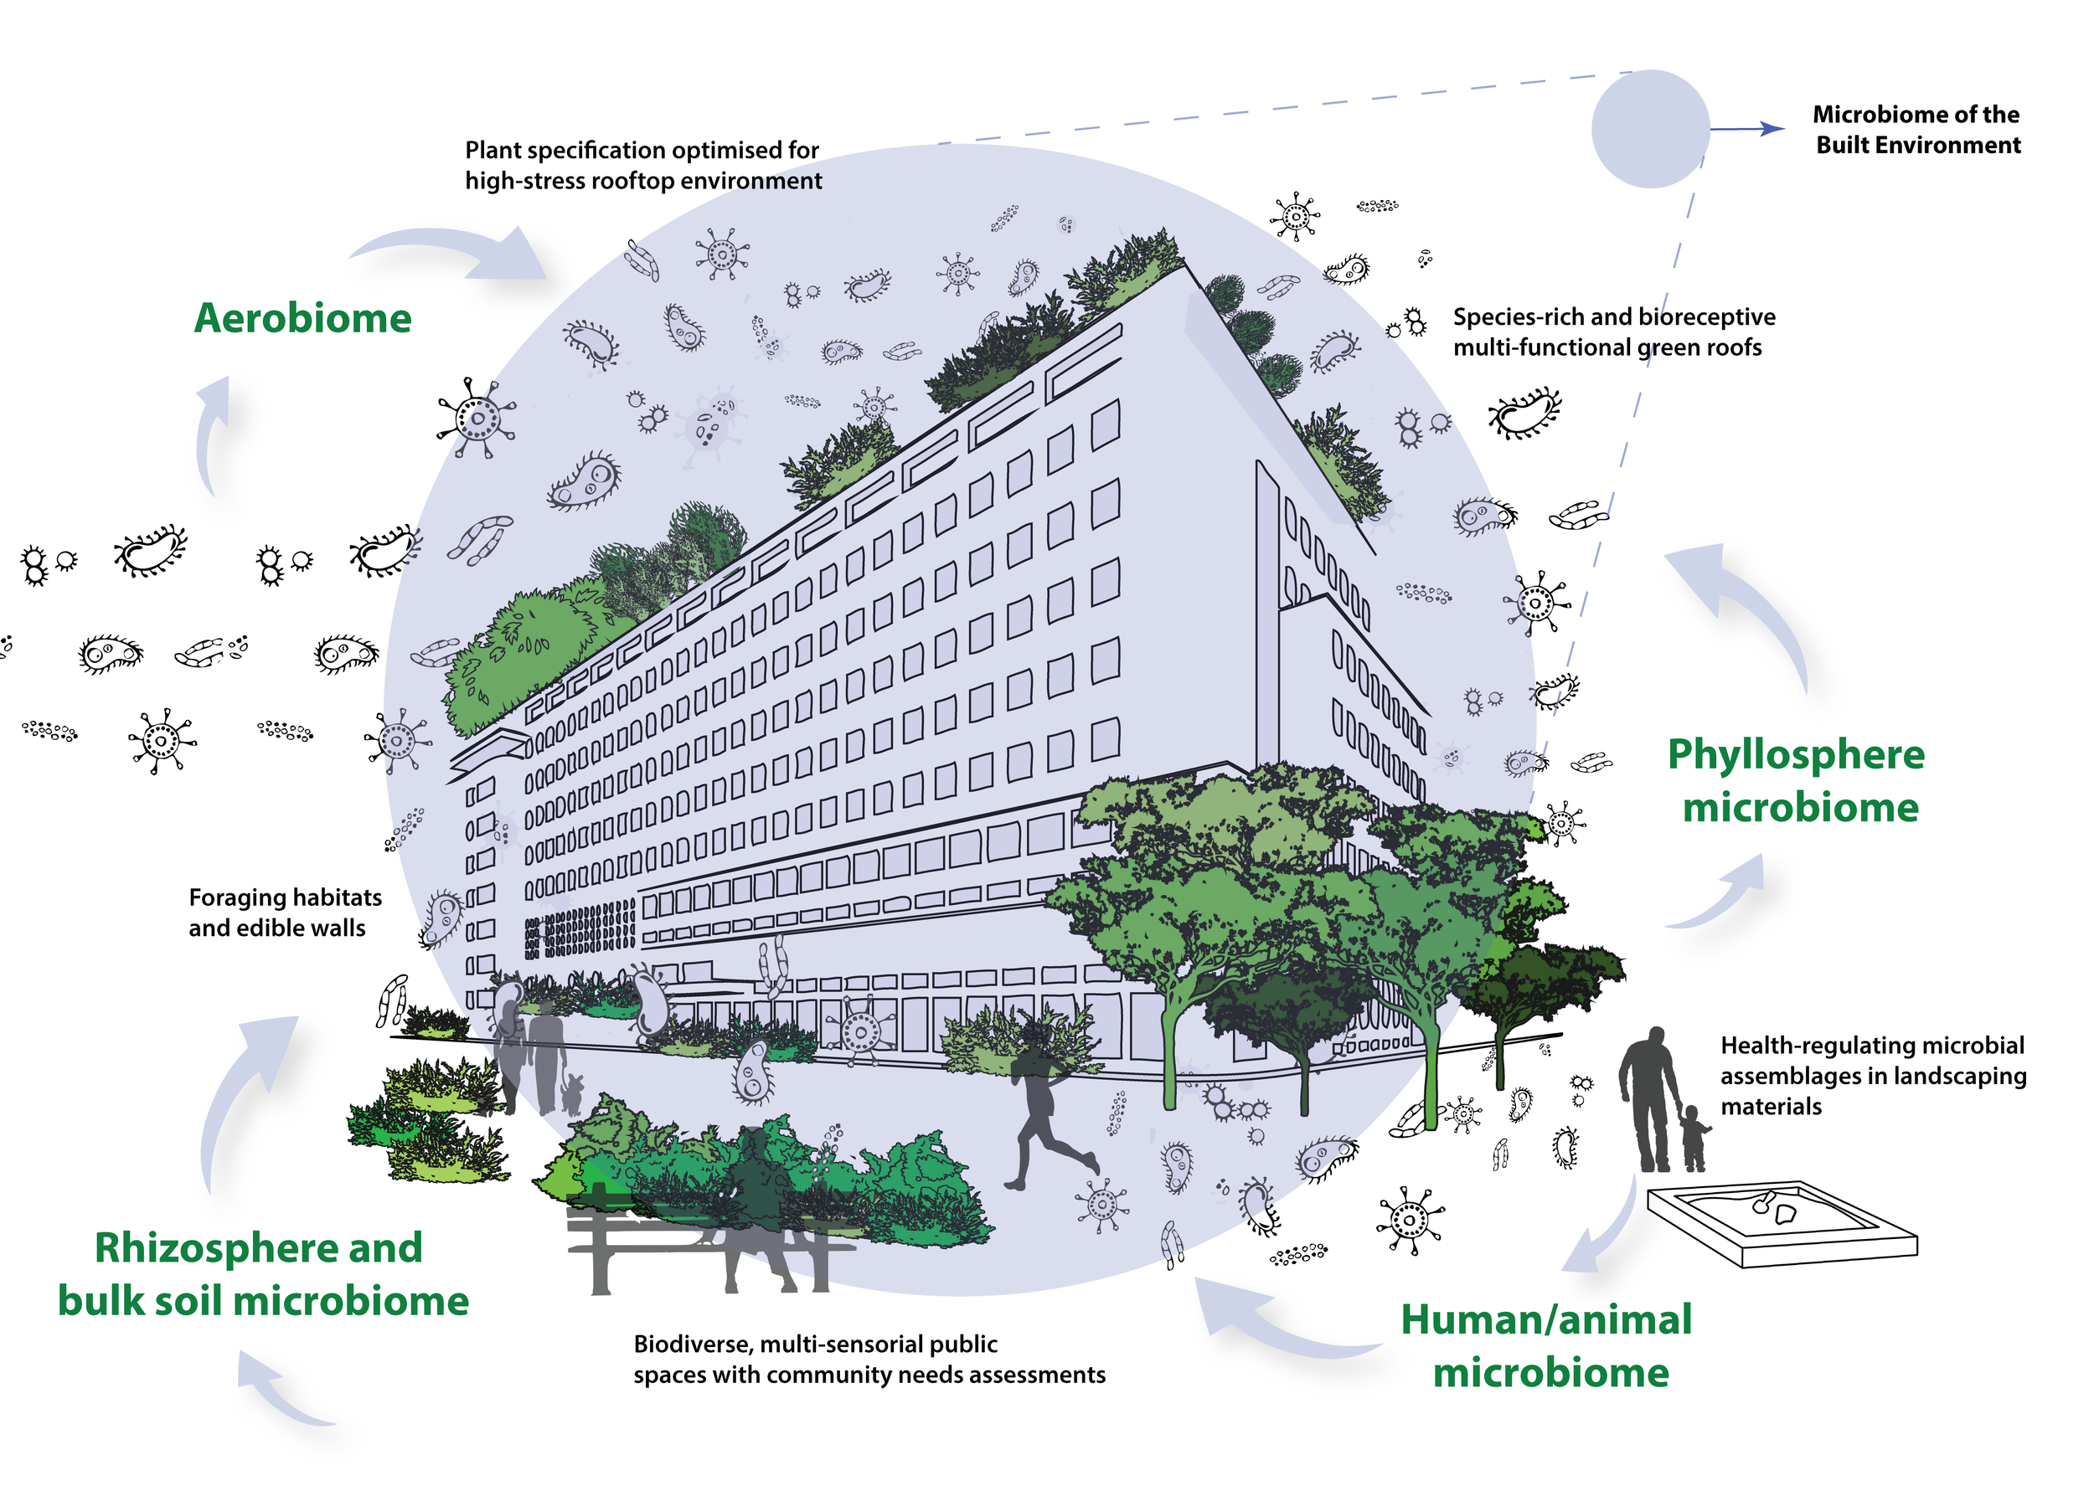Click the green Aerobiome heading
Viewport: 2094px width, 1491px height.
(302, 319)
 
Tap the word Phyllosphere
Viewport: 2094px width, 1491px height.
(1795, 754)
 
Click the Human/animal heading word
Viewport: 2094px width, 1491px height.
(1545, 1319)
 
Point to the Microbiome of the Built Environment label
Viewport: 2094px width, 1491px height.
(1916, 130)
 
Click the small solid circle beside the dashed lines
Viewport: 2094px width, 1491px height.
(1649, 130)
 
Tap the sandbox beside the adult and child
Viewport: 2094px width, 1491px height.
(1782, 1223)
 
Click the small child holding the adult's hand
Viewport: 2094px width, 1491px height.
(1694, 1139)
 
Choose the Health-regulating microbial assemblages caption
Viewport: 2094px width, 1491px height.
(1871, 1075)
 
